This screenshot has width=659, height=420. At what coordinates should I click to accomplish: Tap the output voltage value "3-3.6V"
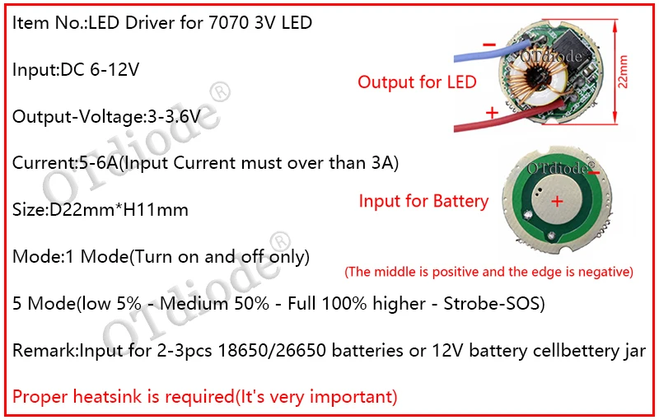pyautogui.click(x=171, y=116)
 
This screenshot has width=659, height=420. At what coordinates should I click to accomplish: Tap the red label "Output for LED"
pyautogui.click(x=417, y=82)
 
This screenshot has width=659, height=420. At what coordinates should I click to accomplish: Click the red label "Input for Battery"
pyautogui.click(x=423, y=201)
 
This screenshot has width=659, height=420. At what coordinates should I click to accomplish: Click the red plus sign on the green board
pyautogui.click(x=557, y=201)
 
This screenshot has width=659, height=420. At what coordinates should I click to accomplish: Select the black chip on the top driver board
pyautogui.click(x=573, y=42)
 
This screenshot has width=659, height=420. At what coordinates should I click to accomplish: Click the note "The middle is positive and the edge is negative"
pyautogui.click(x=488, y=271)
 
